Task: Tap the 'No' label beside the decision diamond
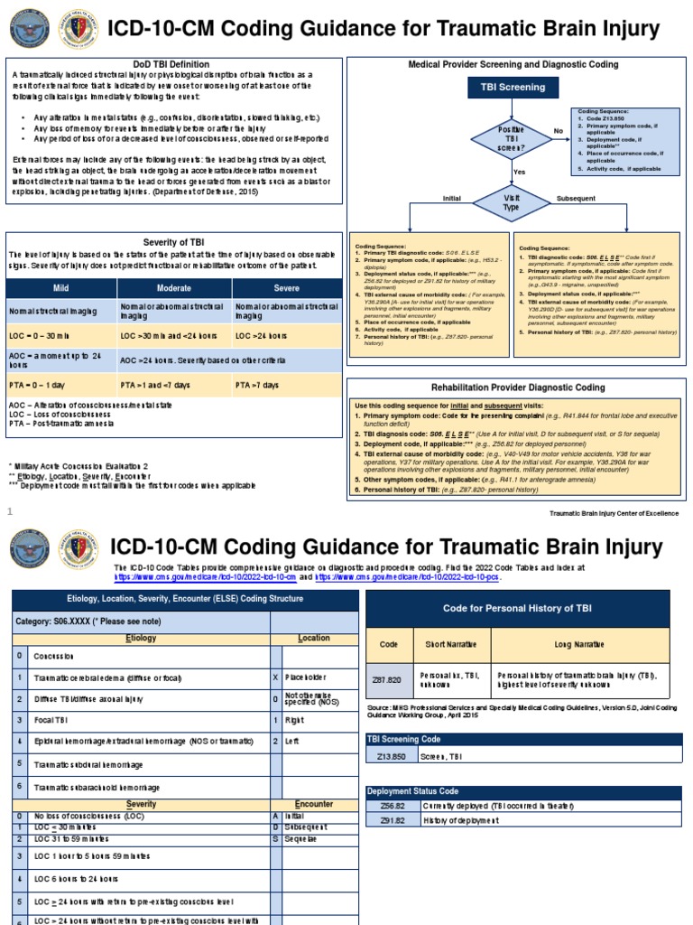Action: coord(558,130)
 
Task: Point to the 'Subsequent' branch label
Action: coord(577,197)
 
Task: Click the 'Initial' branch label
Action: coord(451,197)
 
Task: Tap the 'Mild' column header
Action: coord(61,288)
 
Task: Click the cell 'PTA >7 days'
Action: coord(256,385)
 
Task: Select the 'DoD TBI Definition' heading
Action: coord(171,64)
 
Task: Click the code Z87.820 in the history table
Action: coord(389,677)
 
